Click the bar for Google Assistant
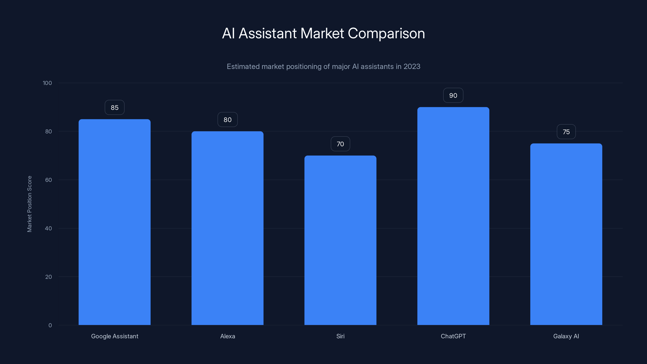click(x=114, y=222)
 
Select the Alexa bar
click(x=227, y=228)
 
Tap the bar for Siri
click(x=340, y=240)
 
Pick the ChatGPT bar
click(x=453, y=216)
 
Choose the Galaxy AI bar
click(x=566, y=234)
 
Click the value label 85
click(x=114, y=108)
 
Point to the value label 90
click(x=453, y=95)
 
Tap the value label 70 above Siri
click(x=340, y=144)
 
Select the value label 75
click(x=566, y=132)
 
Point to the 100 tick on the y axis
click(x=47, y=83)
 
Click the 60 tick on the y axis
click(x=49, y=180)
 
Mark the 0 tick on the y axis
click(x=50, y=325)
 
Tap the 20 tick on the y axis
click(x=49, y=277)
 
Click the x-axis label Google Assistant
click(x=114, y=336)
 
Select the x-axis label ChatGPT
click(x=453, y=336)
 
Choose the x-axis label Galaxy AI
click(x=566, y=336)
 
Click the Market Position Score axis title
click(x=29, y=204)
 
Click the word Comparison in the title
click(x=386, y=33)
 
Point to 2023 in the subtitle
click(x=412, y=67)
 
